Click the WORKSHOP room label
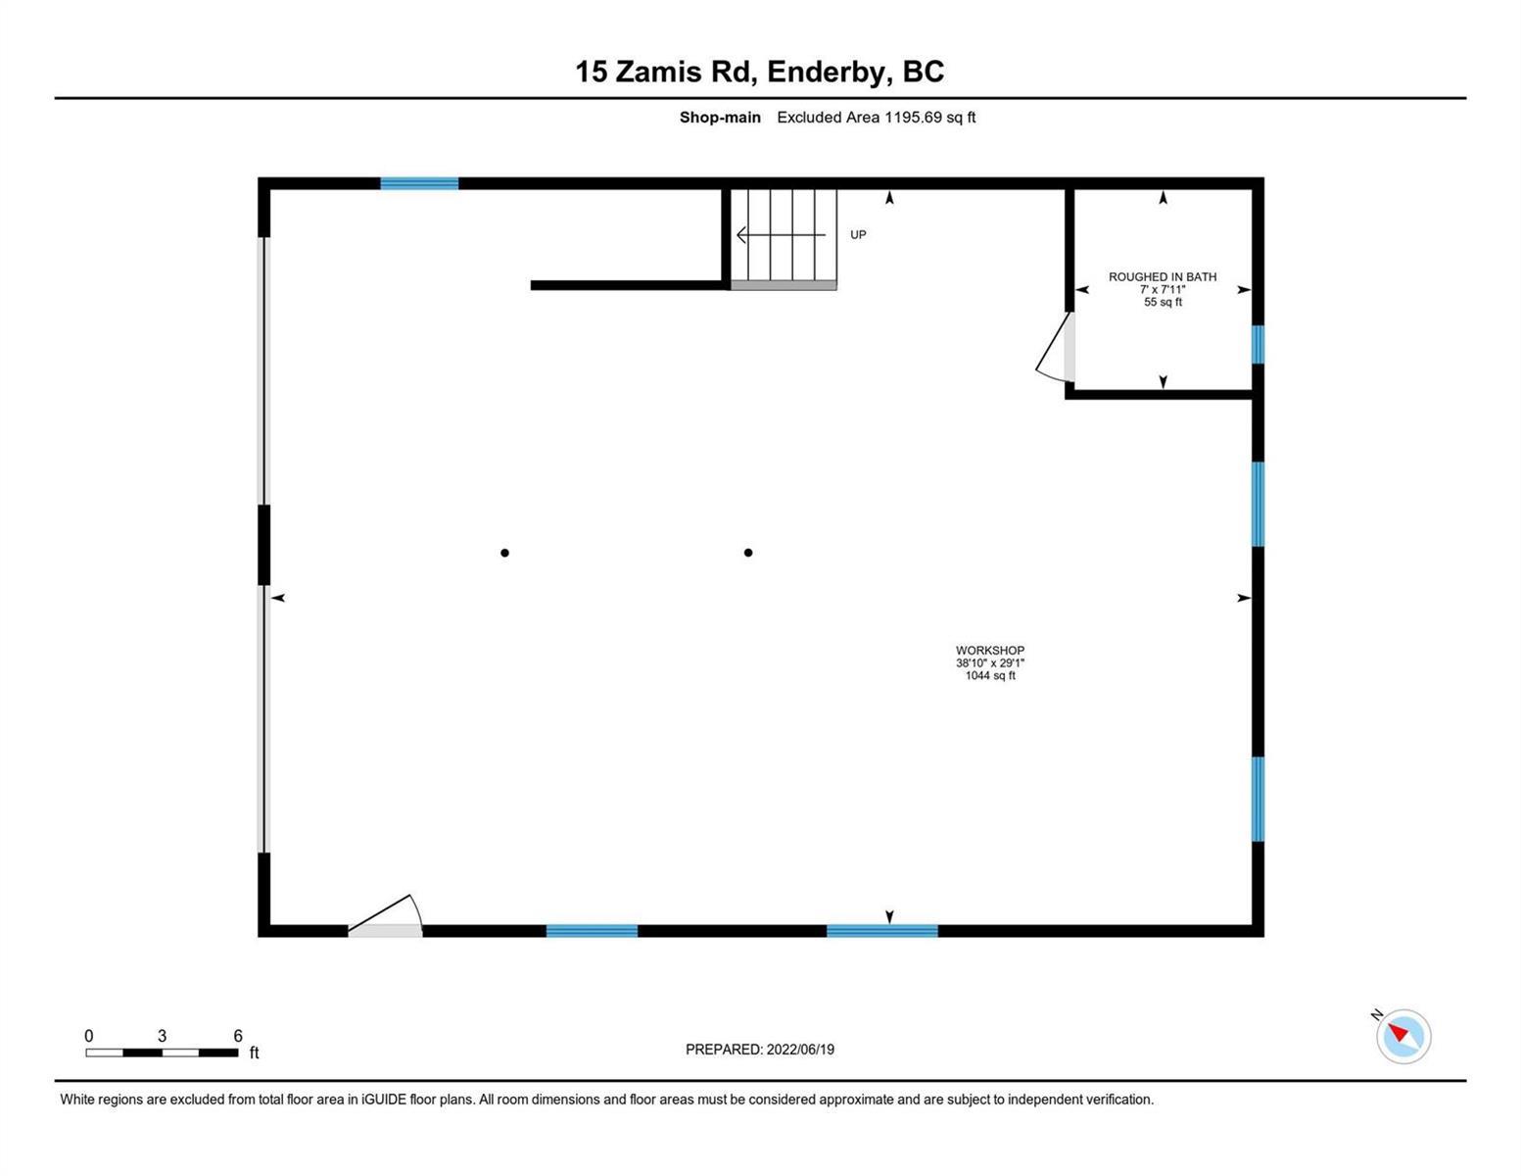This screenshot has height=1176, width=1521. [x=990, y=650]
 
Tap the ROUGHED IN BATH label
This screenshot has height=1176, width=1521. [x=1162, y=276]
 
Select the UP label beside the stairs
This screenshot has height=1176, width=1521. [x=857, y=234]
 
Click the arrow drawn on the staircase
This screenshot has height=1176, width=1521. [x=781, y=234]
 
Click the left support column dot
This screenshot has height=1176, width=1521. [x=504, y=553]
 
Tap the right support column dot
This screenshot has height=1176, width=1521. [x=747, y=553]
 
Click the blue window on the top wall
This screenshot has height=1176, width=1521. [x=419, y=183]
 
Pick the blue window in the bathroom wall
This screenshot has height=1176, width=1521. [x=1258, y=345]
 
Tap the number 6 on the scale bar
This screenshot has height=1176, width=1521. [x=238, y=1035]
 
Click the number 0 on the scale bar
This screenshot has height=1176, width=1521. [x=89, y=1035]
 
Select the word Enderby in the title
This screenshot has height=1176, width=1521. [x=830, y=72]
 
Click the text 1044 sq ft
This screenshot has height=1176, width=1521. [x=990, y=675]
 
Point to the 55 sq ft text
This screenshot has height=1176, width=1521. [x=1163, y=302]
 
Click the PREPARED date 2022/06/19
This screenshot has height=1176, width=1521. [x=800, y=1050]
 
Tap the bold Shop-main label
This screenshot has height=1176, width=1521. [x=720, y=118]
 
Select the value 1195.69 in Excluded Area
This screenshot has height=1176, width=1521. [x=913, y=118]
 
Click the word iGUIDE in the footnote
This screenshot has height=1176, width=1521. [x=384, y=1099]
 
